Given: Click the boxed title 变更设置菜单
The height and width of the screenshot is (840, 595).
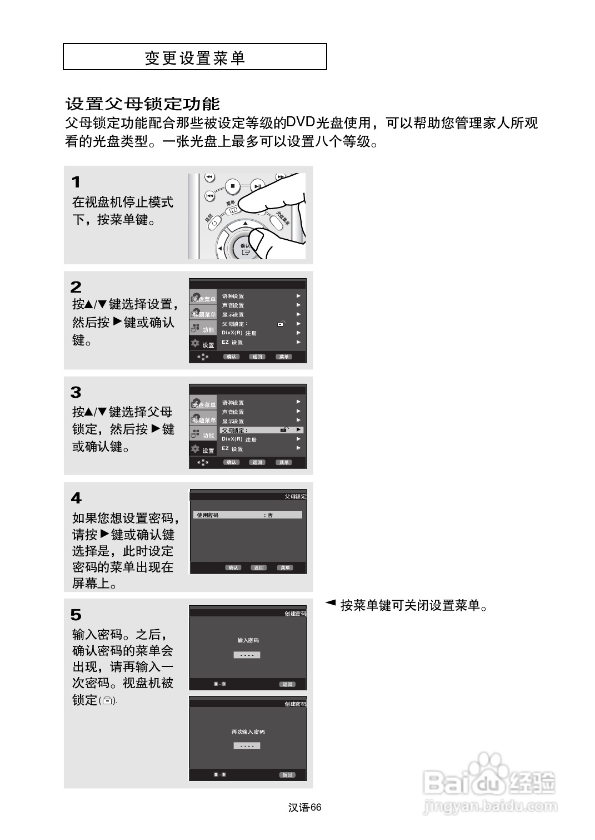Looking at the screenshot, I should click(x=194, y=57).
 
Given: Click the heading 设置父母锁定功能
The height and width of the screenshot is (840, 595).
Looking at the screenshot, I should click(x=143, y=104).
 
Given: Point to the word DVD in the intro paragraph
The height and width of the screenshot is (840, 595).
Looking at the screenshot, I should click(x=300, y=122).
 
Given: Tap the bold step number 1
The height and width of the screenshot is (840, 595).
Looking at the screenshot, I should click(x=76, y=182).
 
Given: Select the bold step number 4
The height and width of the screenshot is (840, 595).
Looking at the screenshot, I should click(x=76, y=498).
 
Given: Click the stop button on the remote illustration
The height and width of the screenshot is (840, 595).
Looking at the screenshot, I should click(x=233, y=186).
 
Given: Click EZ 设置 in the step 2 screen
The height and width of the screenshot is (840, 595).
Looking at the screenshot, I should click(x=232, y=342).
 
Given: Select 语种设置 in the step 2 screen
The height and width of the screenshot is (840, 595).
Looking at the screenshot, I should click(x=233, y=297).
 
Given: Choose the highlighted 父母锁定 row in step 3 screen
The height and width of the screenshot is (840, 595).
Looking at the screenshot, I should click(x=261, y=430).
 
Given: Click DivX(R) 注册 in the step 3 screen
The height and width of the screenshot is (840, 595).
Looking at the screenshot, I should click(x=239, y=439).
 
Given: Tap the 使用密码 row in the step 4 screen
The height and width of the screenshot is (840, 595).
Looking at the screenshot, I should click(x=247, y=515).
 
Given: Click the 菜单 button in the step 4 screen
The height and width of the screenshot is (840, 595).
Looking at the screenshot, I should click(x=285, y=568).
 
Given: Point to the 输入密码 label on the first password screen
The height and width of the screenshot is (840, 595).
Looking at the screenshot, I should click(x=248, y=640).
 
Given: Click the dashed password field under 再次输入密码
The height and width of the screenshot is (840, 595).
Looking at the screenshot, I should click(x=247, y=746).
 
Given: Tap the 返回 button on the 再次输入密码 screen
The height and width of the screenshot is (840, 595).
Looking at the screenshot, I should click(x=287, y=775).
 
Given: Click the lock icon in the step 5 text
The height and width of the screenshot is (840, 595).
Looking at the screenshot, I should click(x=108, y=701).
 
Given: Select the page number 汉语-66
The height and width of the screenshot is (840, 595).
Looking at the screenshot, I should click(x=305, y=808).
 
